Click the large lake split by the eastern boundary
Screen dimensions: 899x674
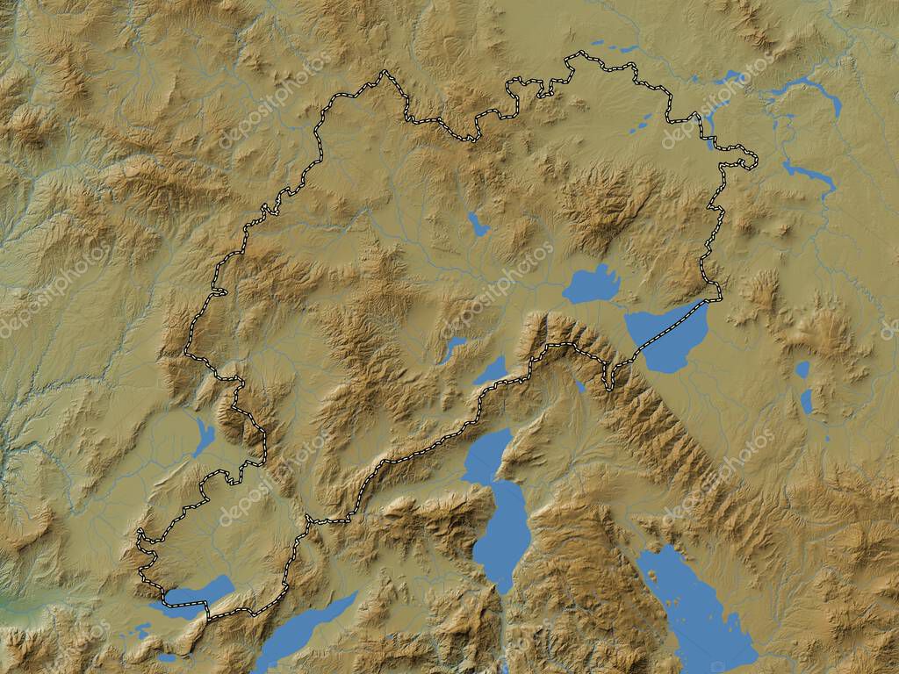coord(669,337)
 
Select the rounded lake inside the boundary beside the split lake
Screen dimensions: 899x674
coord(591,284)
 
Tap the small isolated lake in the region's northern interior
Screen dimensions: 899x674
coord(478,225)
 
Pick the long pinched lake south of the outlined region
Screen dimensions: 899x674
coord(499,509)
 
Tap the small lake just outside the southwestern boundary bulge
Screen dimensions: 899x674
coord(204,437)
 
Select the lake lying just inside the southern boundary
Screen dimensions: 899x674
coord(492,370)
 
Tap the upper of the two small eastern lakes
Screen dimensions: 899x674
coord(802,369)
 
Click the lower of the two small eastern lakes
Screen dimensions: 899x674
coord(807,401)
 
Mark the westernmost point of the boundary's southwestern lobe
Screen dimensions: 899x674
coord(138,532)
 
